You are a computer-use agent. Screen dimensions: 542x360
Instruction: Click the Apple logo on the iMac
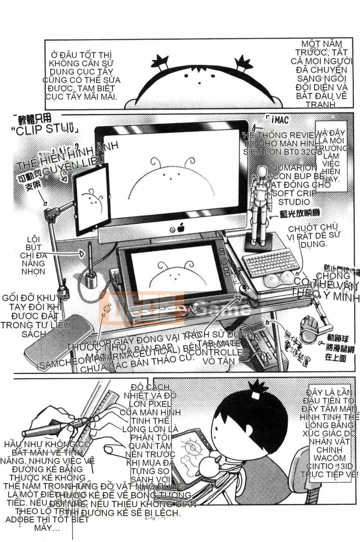181,227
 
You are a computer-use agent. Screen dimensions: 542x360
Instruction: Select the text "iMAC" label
280,120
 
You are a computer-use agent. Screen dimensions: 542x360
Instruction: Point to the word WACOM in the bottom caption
330,458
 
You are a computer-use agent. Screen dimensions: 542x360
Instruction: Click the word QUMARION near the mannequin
294,168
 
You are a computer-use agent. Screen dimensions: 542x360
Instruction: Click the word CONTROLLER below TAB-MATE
219,352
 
